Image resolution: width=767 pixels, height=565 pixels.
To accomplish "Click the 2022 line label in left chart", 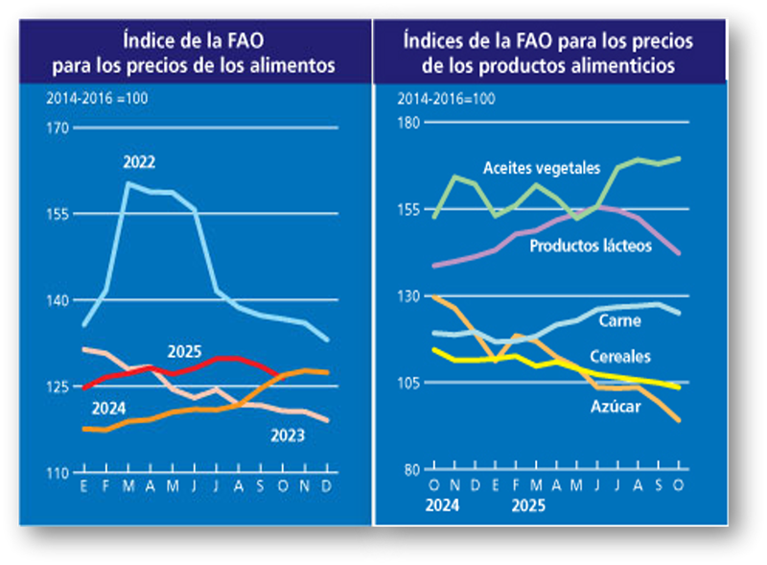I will click(x=139, y=162).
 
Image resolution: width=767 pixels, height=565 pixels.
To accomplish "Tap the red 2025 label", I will click(x=184, y=351).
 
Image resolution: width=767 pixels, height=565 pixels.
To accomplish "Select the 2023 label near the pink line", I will click(x=288, y=436).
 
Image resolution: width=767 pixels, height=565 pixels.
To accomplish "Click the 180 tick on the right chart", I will click(x=410, y=123).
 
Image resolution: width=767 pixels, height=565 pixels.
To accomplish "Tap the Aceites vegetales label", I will click(x=542, y=168).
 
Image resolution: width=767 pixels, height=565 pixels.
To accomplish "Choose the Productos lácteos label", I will click(x=591, y=247).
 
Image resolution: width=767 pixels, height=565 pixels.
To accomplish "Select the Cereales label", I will click(x=620, y=357).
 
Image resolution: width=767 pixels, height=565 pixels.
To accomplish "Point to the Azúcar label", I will click(x=616, y=405).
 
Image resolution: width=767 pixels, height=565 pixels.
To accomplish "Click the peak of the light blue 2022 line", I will click(x=128, y=183).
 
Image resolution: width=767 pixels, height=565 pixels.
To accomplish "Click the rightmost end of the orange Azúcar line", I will click(x=679, y=420).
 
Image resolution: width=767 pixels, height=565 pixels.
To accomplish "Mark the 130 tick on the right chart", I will click(x=410, y=296).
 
